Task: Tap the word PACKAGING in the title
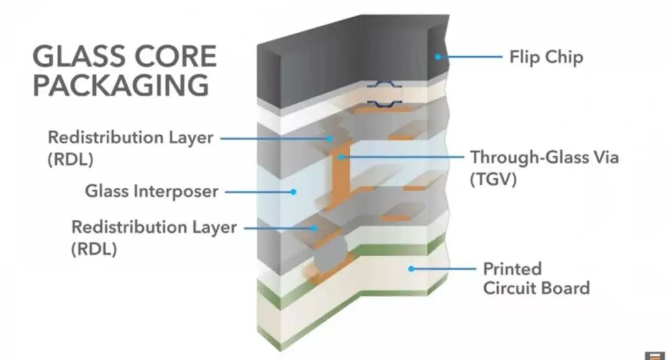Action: [121, 85]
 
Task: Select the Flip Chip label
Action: [546, 57]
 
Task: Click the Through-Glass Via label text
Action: [544, 157]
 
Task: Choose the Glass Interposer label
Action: [151, 191]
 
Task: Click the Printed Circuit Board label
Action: [536, 278]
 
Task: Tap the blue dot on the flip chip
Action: [437, 57]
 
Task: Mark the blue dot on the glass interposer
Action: [294, 191]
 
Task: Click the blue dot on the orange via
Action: [340, 157]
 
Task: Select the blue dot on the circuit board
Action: [411, 269]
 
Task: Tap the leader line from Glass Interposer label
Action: [259, 191]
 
